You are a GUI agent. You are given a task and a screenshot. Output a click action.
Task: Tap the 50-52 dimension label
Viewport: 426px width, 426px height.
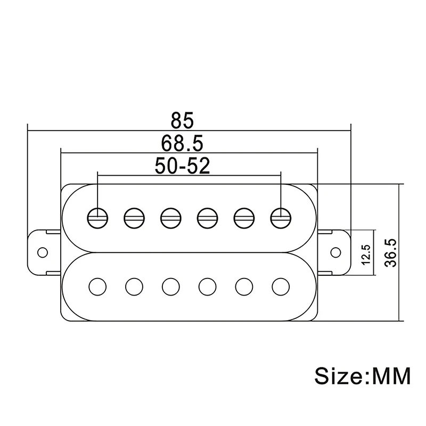(183, 166)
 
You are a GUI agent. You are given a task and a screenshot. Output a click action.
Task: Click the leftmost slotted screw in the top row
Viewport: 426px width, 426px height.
(97, 216)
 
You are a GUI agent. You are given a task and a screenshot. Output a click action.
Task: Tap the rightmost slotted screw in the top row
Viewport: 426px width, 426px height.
(280, 216)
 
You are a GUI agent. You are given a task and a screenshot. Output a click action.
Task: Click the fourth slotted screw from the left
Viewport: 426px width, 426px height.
(206, 216)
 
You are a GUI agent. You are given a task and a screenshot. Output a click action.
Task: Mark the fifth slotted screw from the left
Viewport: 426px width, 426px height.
(243, 216)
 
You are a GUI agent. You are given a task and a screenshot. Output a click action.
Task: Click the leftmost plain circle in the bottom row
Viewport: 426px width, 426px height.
(97, 286)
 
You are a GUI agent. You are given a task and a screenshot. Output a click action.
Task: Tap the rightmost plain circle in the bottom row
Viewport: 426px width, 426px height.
(280, 286)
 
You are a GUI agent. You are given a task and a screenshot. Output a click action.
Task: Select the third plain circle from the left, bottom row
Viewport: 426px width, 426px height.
(170, 286)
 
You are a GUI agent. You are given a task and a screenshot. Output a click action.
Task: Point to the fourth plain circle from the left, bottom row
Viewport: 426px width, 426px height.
(207, 286)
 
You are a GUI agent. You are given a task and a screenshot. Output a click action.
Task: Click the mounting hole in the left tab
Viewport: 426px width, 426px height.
(42, 251)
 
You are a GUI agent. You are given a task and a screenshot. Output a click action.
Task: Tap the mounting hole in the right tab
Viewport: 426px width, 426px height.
(336, 251)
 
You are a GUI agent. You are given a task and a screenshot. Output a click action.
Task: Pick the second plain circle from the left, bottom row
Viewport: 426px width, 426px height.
(134, 286)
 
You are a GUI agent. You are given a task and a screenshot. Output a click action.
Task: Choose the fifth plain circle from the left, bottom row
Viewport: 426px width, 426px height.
(243, 286)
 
